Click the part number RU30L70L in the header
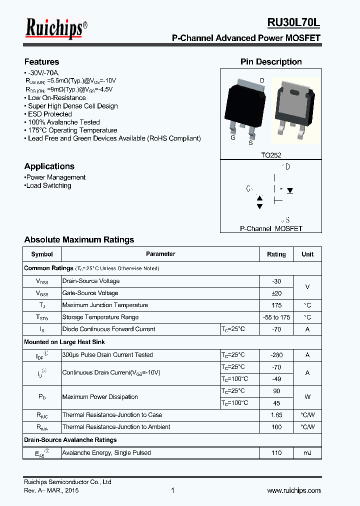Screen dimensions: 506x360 click(x=293, y=22)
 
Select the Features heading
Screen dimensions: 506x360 click(x=41, y=62)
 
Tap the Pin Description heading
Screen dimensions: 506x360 click(x=271, y=62)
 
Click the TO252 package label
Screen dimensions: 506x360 click(x=271, y=155)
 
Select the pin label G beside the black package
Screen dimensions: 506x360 click(x=233, y=138)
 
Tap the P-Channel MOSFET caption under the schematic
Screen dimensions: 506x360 click(x=271, y=228)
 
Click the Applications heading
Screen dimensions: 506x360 click(x=49, y=166)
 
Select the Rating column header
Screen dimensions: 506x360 click(x=276, y=254)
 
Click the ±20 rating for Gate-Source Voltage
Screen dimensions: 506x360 click(x=276, y=293)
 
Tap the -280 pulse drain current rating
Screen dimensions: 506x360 click(x=276, y=355)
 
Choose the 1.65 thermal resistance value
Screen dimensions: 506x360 click(x=276, y=415)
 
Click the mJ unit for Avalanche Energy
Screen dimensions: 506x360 click(x=307, y=453)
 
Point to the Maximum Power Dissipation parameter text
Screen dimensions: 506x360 click(x=100, y=397)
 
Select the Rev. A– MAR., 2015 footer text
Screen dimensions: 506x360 click(x=51, y=490)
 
